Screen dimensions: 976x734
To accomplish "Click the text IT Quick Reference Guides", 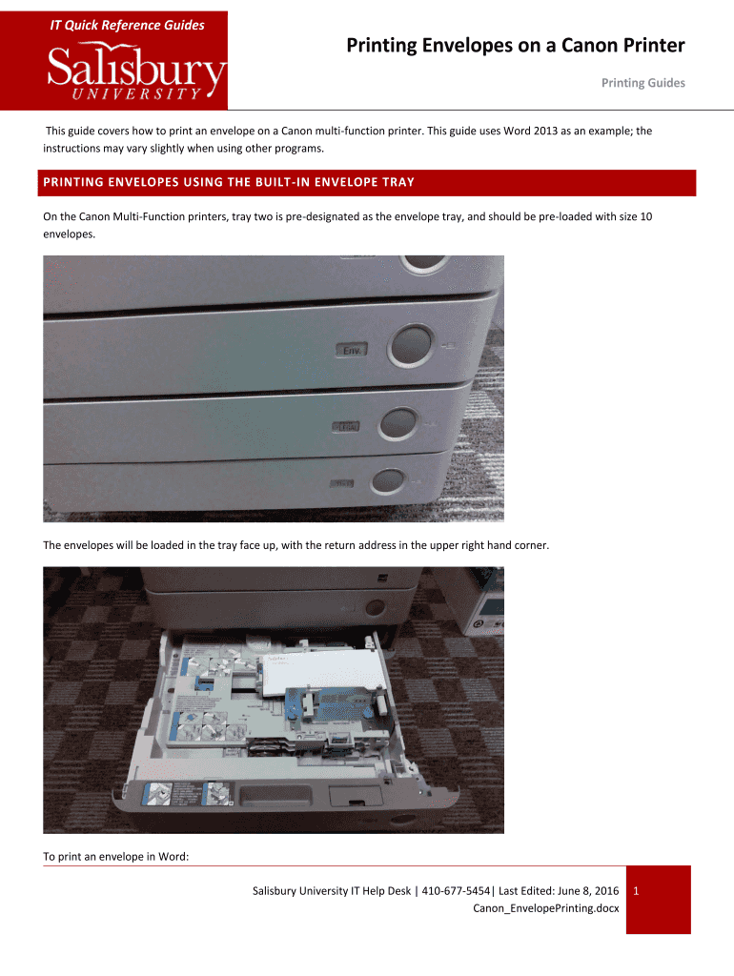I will (x=127, y=25).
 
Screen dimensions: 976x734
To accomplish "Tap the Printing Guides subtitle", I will (x=642, y=83).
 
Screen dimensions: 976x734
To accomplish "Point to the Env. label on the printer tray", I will (x=352, y=351).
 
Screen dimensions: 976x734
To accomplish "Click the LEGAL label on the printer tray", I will (x=344, y=427).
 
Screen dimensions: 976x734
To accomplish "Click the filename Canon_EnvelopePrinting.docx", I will (x=545, y=908).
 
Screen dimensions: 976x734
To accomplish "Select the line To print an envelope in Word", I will (x=116, y=856).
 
